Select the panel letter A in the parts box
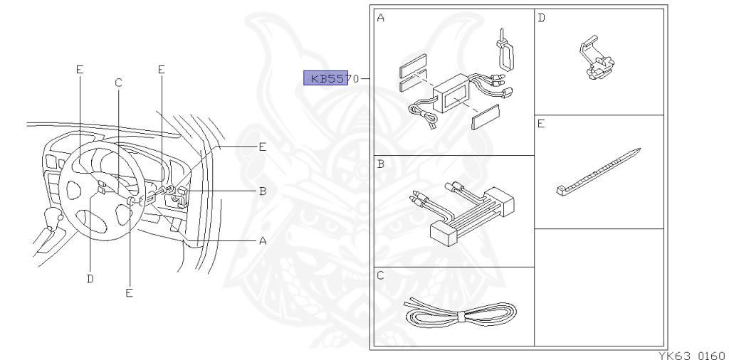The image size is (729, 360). tap(380, 18)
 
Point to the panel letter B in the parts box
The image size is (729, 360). tap(380, 164)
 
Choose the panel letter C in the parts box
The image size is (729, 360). tap(380, 275)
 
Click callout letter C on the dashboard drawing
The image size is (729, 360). tap(118, 83)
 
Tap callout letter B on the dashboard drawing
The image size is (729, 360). tap(262, 191)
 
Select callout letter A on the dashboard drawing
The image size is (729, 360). tap(262, 241)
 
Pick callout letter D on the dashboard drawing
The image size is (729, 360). tap(90, 278)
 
